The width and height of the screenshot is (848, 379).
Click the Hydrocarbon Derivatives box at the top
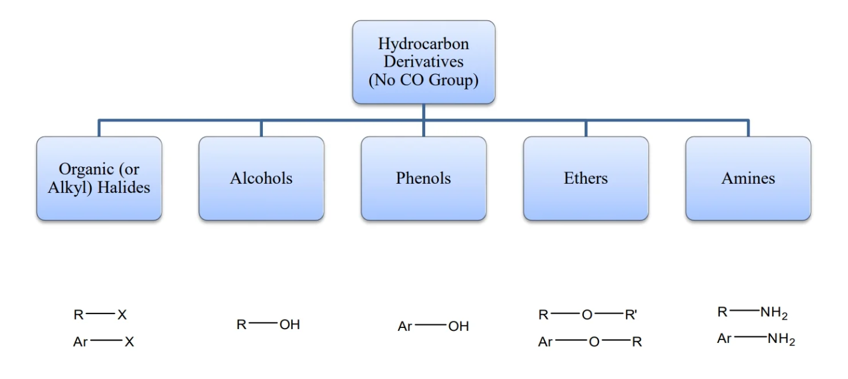pos(423,62)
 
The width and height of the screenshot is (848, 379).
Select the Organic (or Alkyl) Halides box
pos(99,178)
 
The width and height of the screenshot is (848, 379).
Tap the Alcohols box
pos(261,178)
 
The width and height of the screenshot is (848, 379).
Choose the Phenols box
pos(423,178)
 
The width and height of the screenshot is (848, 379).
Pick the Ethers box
pos(586,178)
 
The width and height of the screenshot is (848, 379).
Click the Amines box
pos(748,178)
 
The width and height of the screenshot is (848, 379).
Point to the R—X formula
pos(100,314)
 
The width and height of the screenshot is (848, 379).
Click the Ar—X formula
pos(103,342)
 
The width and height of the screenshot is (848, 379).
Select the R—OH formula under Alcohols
pos(268,325)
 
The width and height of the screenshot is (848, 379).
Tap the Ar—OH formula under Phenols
pos(433,327)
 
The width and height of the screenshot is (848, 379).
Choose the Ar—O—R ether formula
pos(590,342)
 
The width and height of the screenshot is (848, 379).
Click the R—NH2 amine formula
pos(752,312)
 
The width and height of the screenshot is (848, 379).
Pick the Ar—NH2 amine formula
pos(756,339)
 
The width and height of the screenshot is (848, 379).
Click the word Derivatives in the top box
pos(423,62)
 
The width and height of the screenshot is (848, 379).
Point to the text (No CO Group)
pos(423,80)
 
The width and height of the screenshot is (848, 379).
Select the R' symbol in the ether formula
pos(630,314)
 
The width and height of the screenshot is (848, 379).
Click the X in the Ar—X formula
pos(129,342)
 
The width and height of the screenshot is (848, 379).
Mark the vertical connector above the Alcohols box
pos(261,128)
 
